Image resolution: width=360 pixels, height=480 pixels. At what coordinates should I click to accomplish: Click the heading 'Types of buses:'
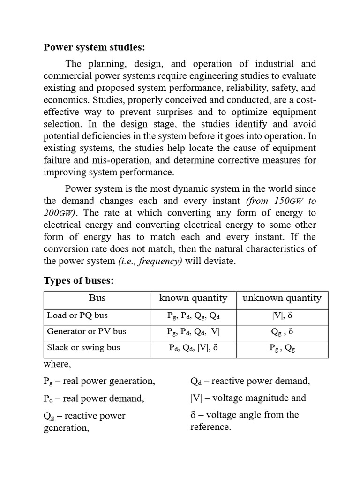point(79,280)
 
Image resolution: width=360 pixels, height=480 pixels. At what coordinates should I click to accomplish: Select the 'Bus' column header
point(97,298)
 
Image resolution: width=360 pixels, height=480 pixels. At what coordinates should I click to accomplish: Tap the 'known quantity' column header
point(193,298)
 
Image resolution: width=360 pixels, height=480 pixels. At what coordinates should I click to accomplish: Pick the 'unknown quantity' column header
point(282,298)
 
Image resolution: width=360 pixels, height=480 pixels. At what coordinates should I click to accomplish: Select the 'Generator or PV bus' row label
point(87,331)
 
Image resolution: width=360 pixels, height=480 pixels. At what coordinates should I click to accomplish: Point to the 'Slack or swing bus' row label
point(83,347)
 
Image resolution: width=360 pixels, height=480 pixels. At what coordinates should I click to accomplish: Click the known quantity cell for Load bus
point(193,315)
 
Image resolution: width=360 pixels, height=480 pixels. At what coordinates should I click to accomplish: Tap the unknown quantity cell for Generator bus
point(282,332)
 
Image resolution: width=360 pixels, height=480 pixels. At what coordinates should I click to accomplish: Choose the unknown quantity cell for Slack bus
point(282,348)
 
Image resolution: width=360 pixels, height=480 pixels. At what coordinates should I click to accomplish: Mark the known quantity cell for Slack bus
point(193,348)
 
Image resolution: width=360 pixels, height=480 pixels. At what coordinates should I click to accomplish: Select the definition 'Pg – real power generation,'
point(99,381)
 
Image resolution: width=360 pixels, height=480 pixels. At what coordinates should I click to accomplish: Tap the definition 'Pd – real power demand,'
point(94,398)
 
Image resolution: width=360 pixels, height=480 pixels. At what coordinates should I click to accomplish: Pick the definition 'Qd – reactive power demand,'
point(250,381)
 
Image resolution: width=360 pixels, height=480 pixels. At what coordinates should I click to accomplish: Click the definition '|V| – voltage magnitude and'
point(248,398)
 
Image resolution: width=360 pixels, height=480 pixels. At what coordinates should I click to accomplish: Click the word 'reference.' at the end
point(210,427)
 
